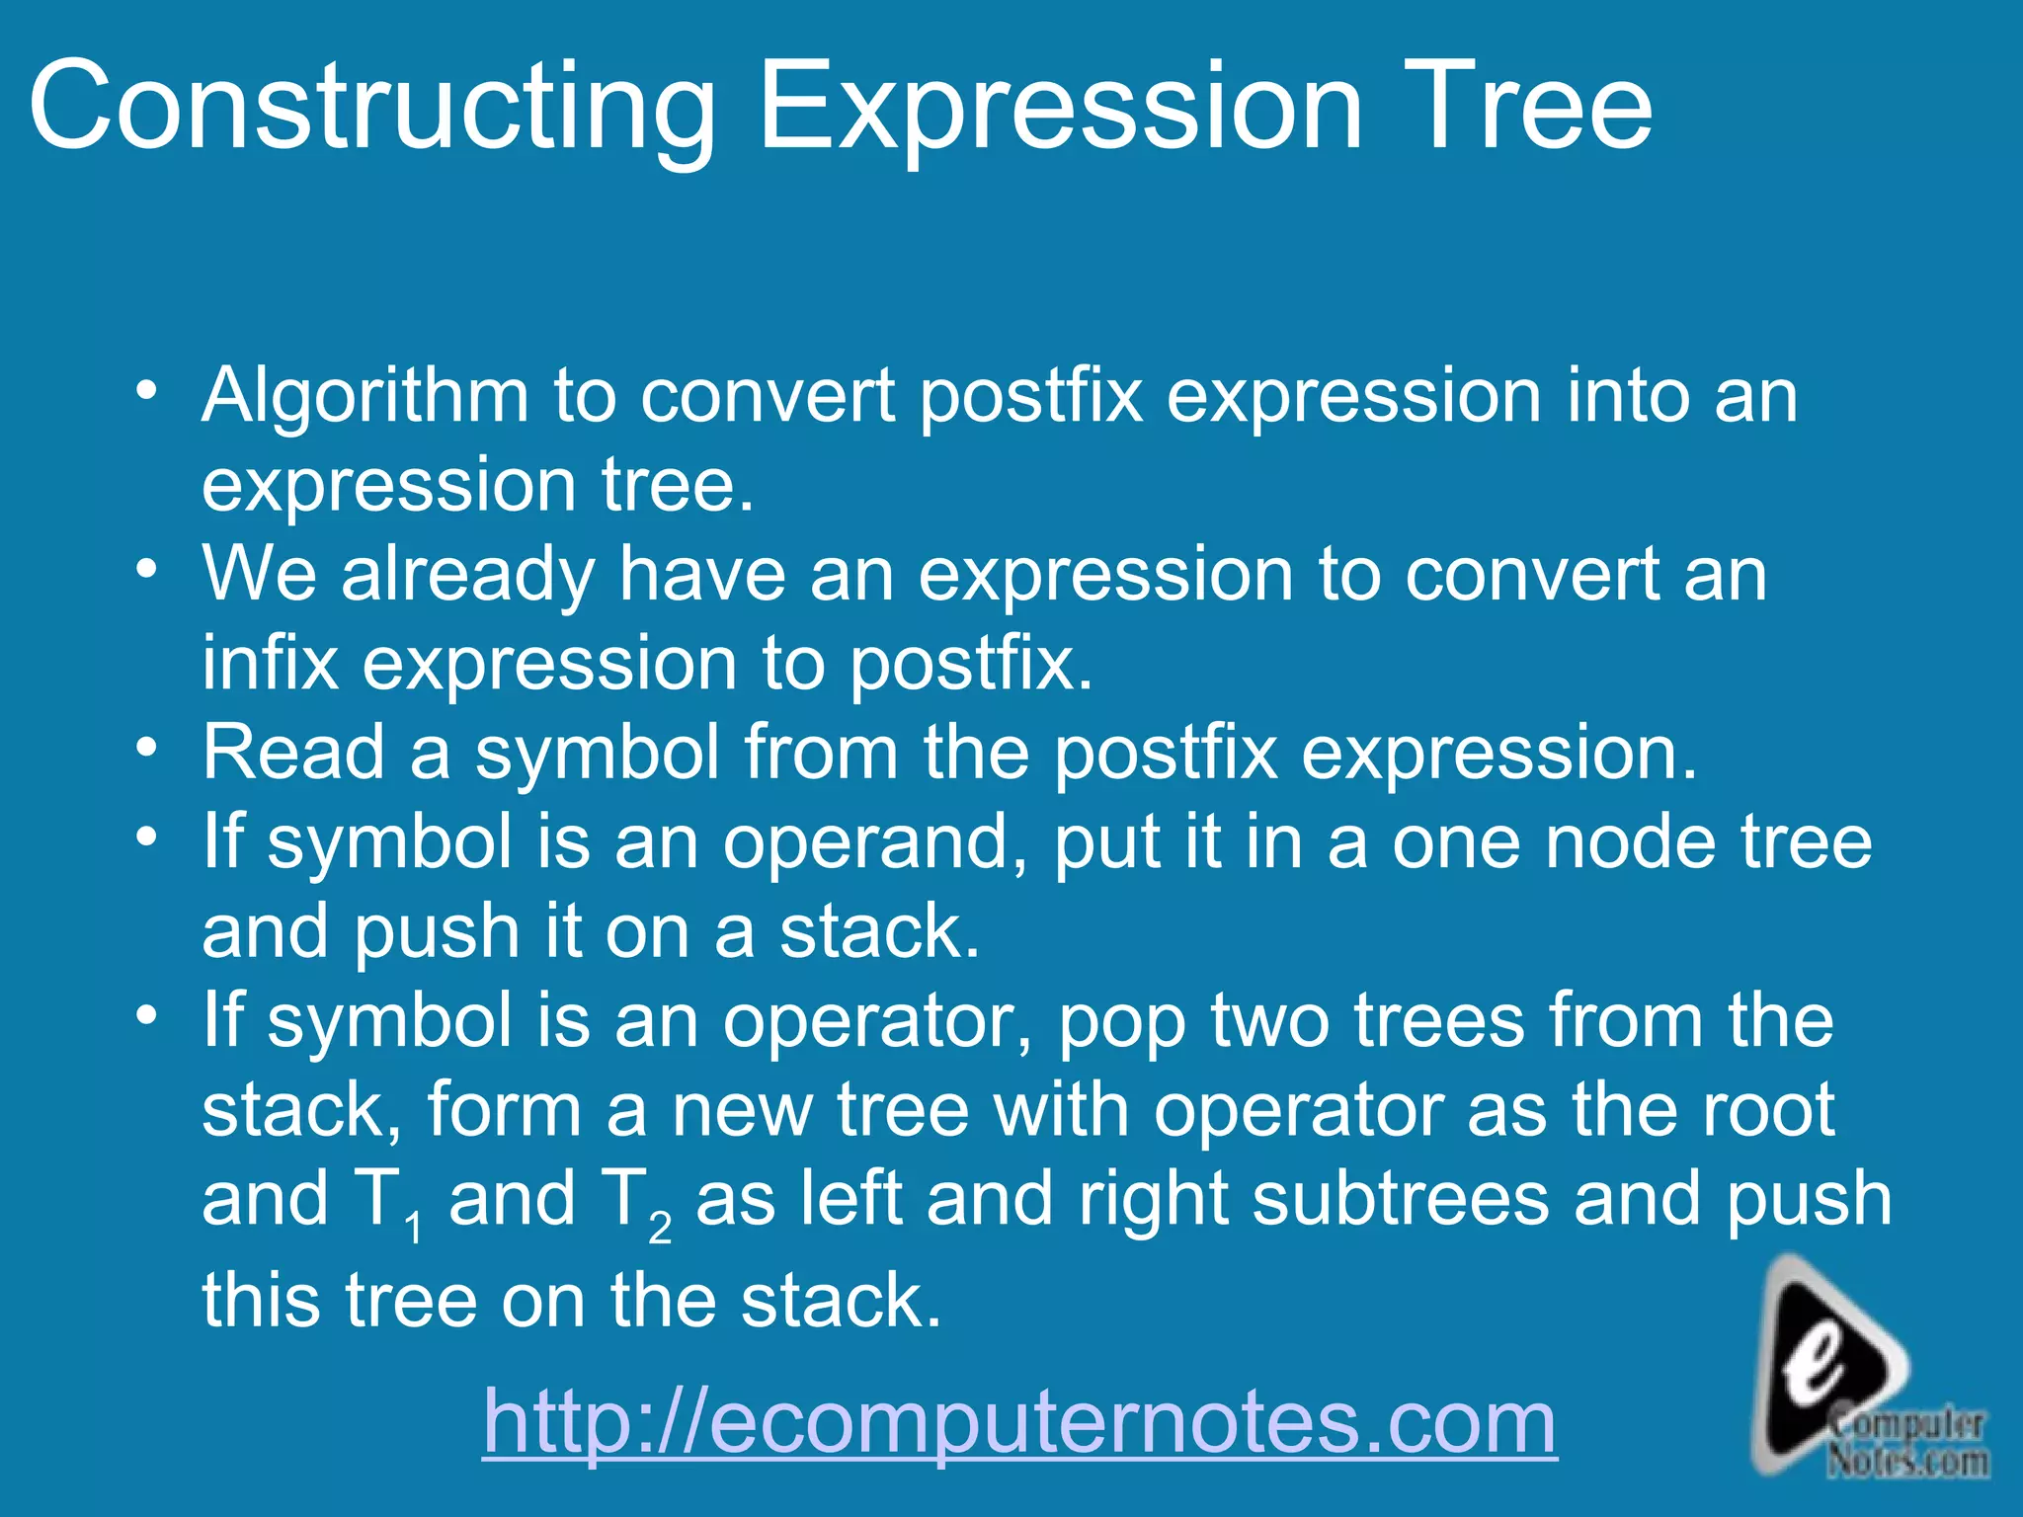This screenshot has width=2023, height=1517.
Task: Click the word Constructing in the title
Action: tap(370, 107)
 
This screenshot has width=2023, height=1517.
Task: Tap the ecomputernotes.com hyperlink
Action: tap(1019, 1421)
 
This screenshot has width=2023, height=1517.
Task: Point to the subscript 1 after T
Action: tap(414, 1230)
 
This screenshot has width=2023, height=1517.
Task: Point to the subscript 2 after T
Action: tap(660, 1230)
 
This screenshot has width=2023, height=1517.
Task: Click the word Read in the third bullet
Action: tap(293, 753)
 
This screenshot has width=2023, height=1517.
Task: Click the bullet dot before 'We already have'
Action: tap(147, 569)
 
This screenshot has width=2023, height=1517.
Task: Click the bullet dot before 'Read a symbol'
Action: tap(147, 748)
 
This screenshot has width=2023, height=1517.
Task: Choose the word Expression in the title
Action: tap(1059, 107)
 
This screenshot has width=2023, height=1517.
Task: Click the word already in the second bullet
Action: tap(467, 576)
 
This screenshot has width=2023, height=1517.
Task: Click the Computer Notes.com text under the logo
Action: tap(1906, 1443)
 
